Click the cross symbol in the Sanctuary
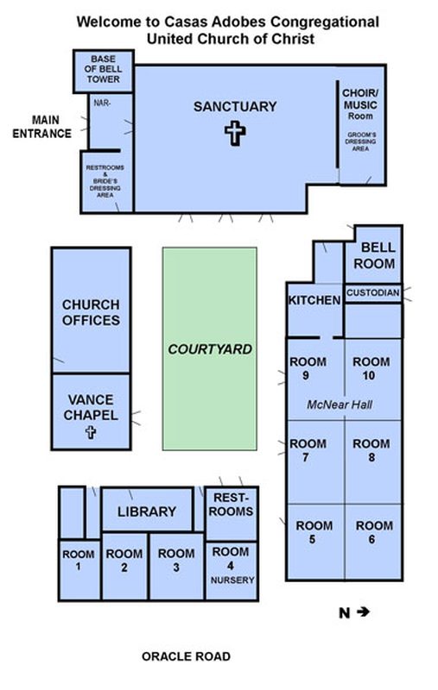click(x=235, y=133)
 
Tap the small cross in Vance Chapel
click(x=91, y=432)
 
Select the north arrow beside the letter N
click(x=363, y=612)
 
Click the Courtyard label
click(x=210, y=349)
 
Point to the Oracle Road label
click(x=186, y=656)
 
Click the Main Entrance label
click(x=41, y=127)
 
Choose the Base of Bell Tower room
click(x=103, y=71)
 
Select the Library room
click(x=147, y=510)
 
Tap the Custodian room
click(x=373, y=293)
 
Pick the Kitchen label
click(x=314, y=300)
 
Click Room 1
click(x=79, y=570)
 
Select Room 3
click(x=176, y=567)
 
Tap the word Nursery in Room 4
click(x=232, y=580)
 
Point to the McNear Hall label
click(x=340, y=405)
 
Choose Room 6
click(x=373, y=543)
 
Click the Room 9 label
click(x=308, y=368)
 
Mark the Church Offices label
click(x=91, y=312)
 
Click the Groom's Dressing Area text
click(x=360, y=141)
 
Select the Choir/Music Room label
click(x=360, y=104)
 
